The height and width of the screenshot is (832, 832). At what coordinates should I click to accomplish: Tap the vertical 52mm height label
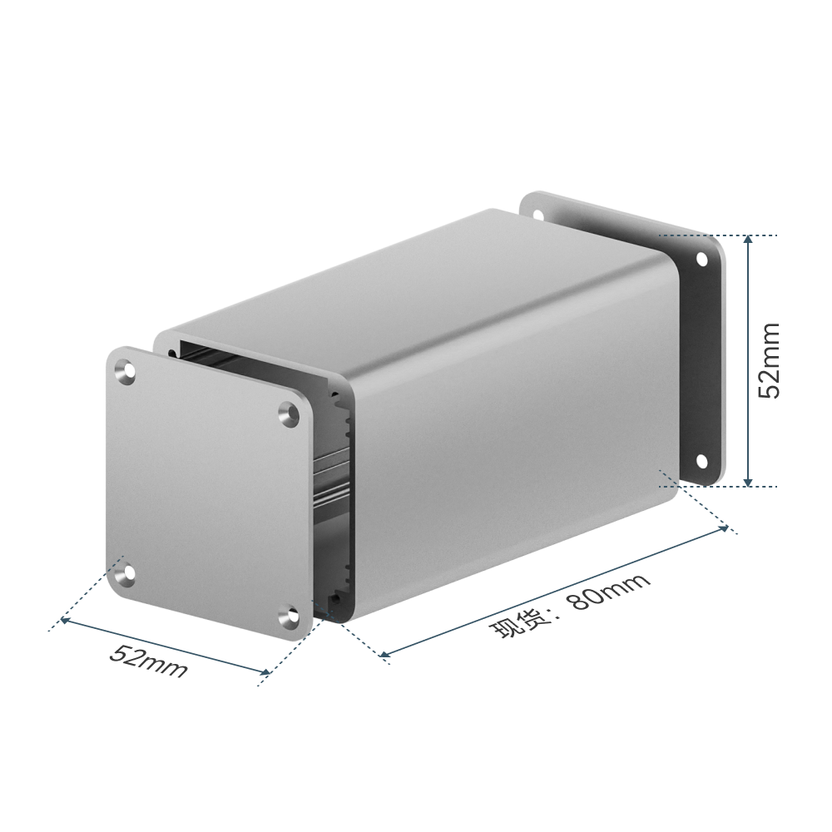(x=769, y=361)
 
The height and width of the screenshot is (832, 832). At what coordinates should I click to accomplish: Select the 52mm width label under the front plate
(x=149, y=661)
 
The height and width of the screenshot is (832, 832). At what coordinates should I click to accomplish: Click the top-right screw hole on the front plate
(x=290, y=413)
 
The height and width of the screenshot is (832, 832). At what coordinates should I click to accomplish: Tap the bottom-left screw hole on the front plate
(x=127, y=575)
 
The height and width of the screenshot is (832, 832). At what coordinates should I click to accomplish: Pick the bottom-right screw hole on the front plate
(x=290, y=617)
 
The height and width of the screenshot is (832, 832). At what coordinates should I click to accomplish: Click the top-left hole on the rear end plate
(x=538, y=215)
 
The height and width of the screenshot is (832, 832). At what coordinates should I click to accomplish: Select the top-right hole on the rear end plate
(x=701, y=259)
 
